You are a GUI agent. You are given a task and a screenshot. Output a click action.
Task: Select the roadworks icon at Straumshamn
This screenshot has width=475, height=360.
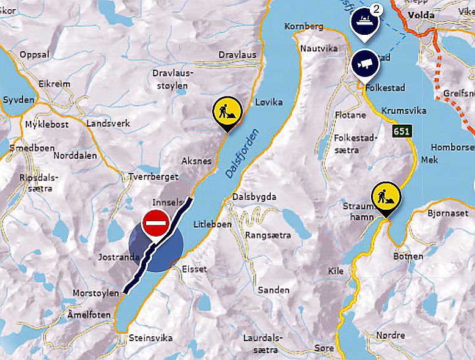(386, 196)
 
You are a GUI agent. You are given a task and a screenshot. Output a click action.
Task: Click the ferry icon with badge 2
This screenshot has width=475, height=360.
(364, 20)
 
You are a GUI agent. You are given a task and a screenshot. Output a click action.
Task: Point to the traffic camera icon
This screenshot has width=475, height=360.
(365, 63)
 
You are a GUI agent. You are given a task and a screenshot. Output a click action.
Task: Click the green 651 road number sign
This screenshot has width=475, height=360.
(402, 131)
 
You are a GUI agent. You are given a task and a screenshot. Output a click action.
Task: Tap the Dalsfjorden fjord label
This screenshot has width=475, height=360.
(242, 153)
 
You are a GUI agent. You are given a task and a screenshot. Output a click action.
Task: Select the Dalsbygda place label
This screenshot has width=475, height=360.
(254, 197)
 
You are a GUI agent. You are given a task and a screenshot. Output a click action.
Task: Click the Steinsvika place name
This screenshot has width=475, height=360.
(150, 338)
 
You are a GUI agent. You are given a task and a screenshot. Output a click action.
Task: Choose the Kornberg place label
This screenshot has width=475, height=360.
(304, 27)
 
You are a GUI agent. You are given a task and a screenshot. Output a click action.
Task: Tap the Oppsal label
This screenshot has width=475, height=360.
(34, 54)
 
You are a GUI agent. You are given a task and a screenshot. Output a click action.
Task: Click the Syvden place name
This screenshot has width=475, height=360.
(19, 99)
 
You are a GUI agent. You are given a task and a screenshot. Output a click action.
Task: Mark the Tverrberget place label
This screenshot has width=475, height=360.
(153, 177)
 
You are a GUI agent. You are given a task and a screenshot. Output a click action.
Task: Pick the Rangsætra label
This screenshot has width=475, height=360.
(266, 235)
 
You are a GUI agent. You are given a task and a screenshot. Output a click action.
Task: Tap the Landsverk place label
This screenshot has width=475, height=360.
(108, 123)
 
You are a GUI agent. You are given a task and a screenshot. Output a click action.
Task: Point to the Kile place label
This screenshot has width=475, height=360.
(336, 270)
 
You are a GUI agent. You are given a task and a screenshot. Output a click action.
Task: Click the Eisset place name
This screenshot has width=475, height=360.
(194, 269)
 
